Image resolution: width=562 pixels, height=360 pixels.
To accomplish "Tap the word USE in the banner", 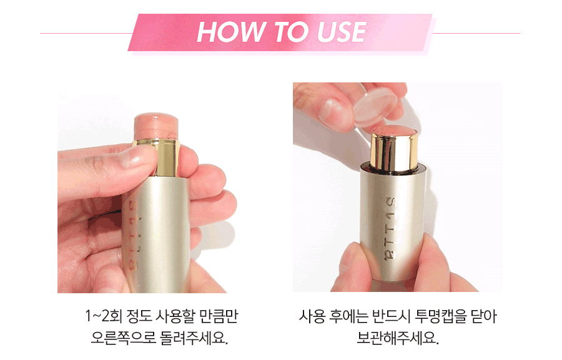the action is pos(342,32).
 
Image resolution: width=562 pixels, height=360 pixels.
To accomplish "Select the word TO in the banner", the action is pos(291,32).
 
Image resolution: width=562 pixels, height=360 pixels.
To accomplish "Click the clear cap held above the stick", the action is pos(376,105).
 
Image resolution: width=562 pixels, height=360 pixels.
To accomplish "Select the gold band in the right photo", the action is pos(394,150).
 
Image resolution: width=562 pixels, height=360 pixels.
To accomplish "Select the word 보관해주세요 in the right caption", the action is pos(398,338).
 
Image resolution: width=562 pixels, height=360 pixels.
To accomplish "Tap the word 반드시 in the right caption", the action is pos(391,316).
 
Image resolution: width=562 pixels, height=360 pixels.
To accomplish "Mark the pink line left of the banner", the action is pos(86,33).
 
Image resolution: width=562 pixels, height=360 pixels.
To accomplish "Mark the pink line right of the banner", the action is pos(476,33).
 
